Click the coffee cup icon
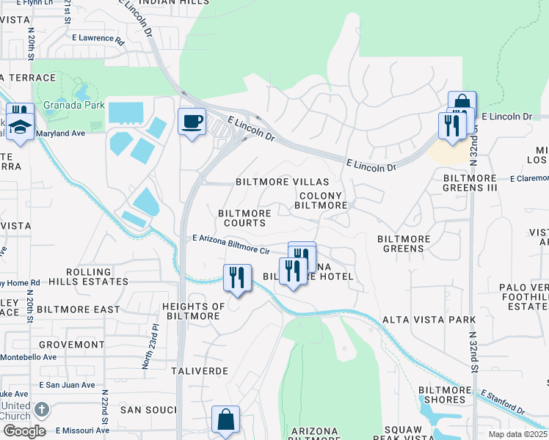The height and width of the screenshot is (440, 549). coord(192,122)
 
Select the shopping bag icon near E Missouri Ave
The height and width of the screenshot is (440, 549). coord(225,419)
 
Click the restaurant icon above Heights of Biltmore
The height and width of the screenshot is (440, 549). coord(236,278)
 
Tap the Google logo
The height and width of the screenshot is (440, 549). coord(23,431)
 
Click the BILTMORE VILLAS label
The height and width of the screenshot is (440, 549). coord(277,181)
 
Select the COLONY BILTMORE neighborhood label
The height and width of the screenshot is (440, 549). coord(321,201)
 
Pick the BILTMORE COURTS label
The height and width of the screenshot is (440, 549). coord(244,218)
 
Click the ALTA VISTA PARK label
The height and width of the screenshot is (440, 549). coord(429,320)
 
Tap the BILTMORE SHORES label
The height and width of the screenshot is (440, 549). coord(442,395)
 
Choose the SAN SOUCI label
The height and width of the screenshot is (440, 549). coord(148,409)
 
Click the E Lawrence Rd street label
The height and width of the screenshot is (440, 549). coord(98,38)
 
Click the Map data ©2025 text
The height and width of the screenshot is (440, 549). coord(517,434)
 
